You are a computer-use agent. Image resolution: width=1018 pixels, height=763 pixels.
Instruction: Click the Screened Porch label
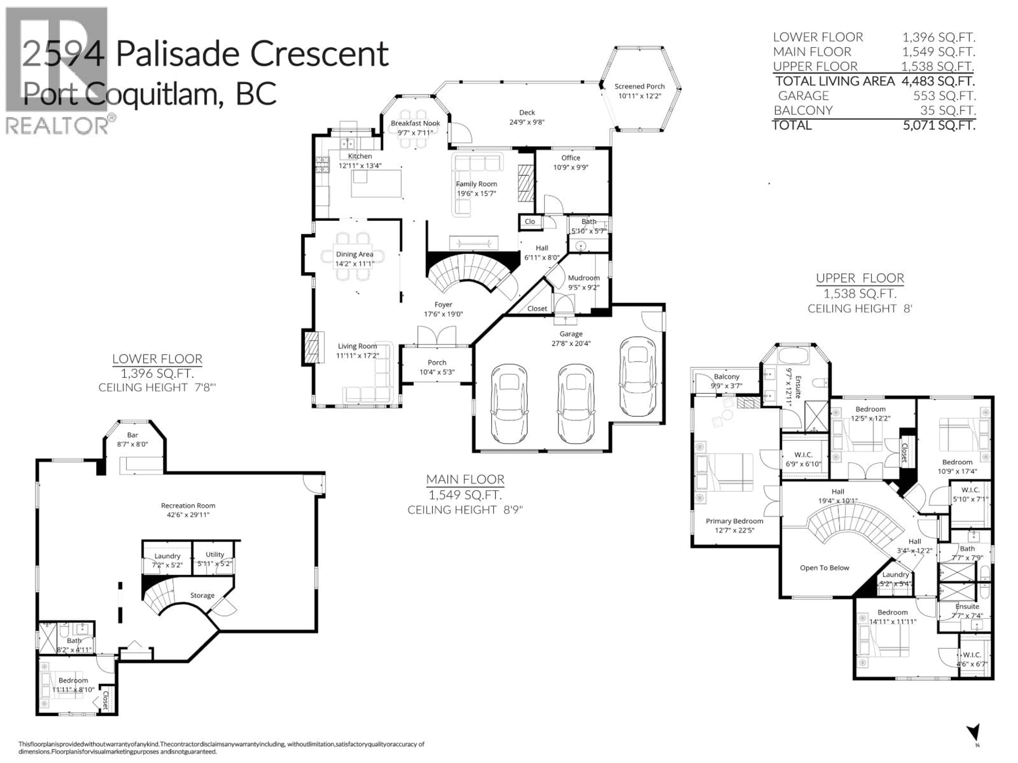tap(639, 86)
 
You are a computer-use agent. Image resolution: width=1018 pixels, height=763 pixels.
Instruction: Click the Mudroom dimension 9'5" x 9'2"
tap(583, 287)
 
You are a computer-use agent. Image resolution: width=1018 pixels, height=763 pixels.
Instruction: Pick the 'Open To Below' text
tap(824, 568)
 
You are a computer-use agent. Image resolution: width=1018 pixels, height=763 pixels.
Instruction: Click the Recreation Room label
tap(188, 505)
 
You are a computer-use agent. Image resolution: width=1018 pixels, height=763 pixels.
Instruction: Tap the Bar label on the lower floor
tap(133, 435)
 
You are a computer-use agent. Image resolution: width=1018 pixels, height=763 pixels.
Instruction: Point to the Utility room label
tap(215, 554)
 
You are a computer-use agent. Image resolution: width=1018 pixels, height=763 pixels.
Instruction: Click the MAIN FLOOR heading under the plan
tap(465, 480)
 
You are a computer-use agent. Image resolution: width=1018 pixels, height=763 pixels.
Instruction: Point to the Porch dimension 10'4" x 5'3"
tap(437, 372)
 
